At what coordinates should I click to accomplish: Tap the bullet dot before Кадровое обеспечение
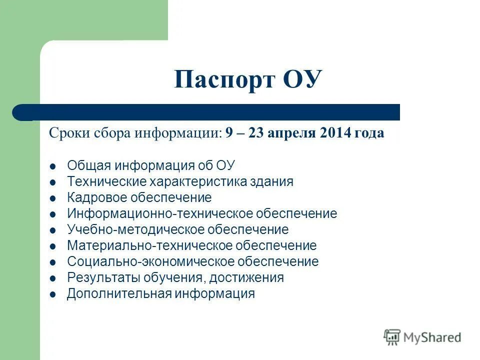[53, 198]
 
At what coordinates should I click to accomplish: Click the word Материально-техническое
[150, 245]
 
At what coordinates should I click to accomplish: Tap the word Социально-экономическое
[150, 261]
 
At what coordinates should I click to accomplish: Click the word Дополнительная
[119, 293]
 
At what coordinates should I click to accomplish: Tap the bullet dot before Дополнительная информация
[53, 294]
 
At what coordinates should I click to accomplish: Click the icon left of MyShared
[392, 337]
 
